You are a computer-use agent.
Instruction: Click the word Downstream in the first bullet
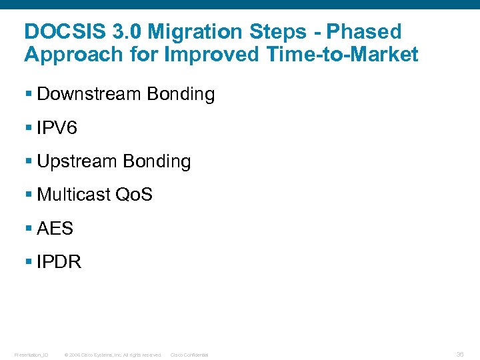click(x=89, y=95)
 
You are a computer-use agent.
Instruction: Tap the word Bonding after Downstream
click(x=181, y=95)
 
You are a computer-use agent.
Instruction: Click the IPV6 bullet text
click(x=57, y=128)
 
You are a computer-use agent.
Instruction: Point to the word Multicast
click(x=74, y=195)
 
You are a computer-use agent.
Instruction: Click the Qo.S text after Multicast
click(x=134, y=195)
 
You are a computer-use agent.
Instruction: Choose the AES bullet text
click(x=55, y=228)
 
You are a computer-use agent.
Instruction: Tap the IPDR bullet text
click(x=59, y=262)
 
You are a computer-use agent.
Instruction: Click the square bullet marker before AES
click(x=28, y=229)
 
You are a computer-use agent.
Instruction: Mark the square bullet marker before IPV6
click(x=28, y=129)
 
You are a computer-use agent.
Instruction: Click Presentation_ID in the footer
click(x=31, y=355)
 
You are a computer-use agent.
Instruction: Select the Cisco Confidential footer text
click(x=189, y=355)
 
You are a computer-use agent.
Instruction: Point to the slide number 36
click(x=460, y=354)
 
